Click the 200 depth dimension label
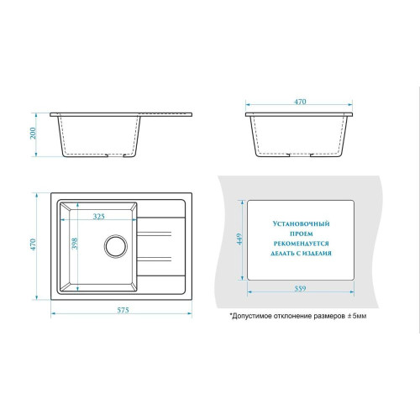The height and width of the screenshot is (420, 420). [x=33, y=133]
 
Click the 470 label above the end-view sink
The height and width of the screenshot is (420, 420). [x=300, y=102]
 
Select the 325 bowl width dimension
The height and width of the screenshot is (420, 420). [x=99, y=216]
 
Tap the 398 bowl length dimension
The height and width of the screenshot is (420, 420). [x=75, y=244]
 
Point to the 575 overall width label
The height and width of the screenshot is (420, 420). [x=123, y=310]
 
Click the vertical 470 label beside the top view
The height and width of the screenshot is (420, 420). [x=33, y=244]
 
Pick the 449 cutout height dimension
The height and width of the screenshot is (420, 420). [x=239, y=239]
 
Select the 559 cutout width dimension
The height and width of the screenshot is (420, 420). [x=300, y=288]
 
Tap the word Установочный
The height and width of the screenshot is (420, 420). [x=302, y=223]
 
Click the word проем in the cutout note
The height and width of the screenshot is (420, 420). [x=302, y=234]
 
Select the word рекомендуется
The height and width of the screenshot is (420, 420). [x=302, y=244]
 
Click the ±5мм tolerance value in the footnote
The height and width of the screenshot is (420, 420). [x=357, y=316]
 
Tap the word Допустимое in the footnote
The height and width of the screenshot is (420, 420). [x=249, y=317]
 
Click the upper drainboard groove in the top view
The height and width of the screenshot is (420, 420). [x=154, y=234]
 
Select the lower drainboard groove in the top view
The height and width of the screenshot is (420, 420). [x=154, y=259]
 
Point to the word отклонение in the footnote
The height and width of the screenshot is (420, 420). [x=291, y=317]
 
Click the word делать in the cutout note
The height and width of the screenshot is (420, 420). [x=281, y=254]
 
